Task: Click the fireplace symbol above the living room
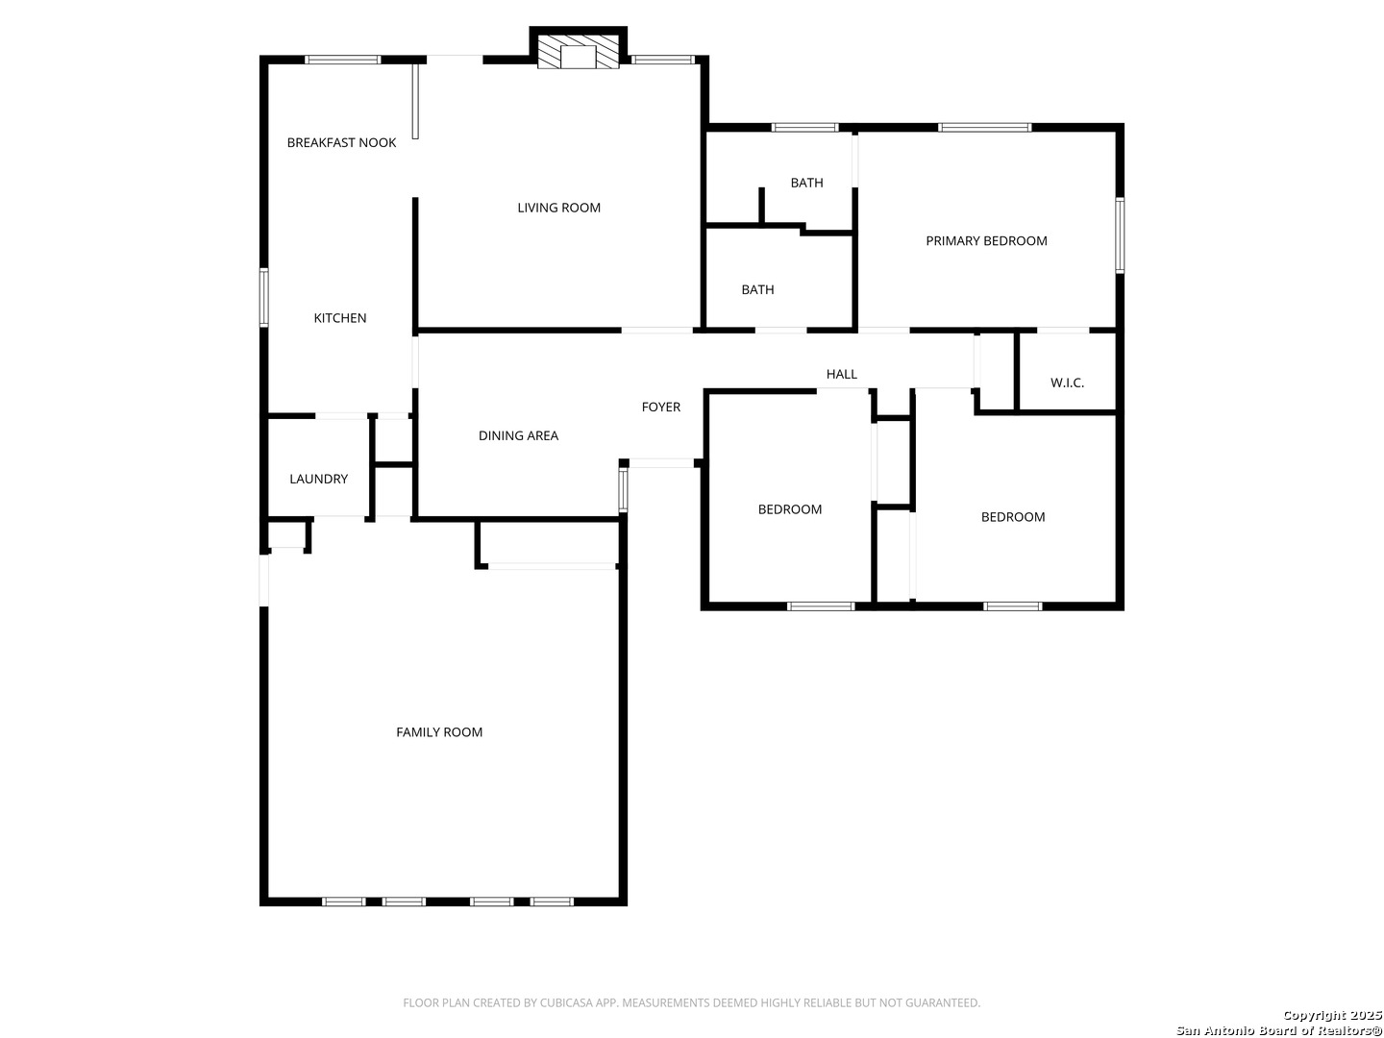(579, 54)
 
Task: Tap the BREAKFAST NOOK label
(341, 143)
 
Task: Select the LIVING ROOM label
(558, 208)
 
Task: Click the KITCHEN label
(340, 318)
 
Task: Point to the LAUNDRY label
(318, 479)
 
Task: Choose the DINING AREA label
(518, 435)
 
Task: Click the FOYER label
(661, 408)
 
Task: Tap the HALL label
(841, 375)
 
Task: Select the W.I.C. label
(1067, 383)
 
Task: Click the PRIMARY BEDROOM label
(986, 241)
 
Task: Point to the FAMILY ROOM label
(439, 732)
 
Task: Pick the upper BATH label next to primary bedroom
(806, 183)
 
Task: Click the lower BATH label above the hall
(757, 289)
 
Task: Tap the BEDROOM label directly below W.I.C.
(1013, 517)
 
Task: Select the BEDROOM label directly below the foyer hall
(790, 509)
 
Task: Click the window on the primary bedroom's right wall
(1120, 235)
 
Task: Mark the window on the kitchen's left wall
(263, 298)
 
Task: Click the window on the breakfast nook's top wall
(343, 60)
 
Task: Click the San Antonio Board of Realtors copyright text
(1279, 1030)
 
